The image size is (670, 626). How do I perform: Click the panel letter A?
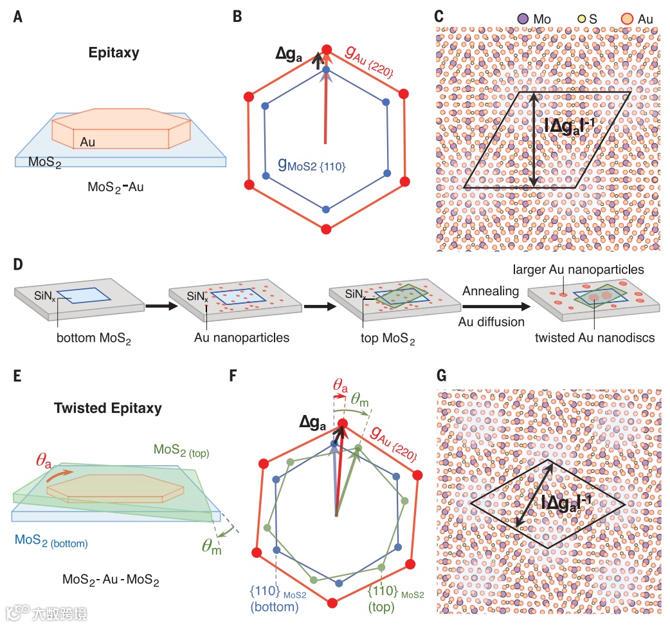pos(19,17)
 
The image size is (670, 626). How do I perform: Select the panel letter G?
pos(442,375)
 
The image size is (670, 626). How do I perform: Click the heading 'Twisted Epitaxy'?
pos(108,409)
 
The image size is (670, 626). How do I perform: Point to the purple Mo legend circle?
pos(523,20)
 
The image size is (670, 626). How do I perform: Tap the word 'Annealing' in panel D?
pos(491,291)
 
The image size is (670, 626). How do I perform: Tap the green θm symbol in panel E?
pos(211,546)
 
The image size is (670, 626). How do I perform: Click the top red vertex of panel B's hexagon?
pos(326,50)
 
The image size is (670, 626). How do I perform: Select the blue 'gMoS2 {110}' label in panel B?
pos(312,165)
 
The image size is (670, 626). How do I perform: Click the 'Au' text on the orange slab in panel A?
pos(87,142)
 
